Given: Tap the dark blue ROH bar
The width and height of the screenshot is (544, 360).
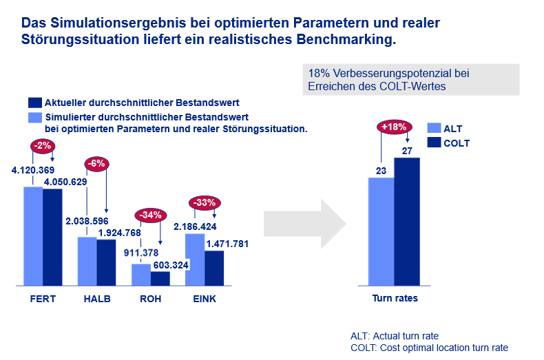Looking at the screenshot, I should pyautogui.click(x=160, y=278).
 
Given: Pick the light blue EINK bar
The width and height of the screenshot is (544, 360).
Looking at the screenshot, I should pyautogui.click(x=195, y=260).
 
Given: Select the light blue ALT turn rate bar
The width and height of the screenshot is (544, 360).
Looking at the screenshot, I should pyautogui.click(x=381, y=231).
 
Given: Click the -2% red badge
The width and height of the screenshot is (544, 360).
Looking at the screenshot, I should pyautogui.click(x=42, y=145).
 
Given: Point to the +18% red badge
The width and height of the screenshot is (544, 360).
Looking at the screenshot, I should pyautogui.click(x=395, y=127).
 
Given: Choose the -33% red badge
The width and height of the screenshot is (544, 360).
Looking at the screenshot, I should pyautogui.click(x=205, y=202).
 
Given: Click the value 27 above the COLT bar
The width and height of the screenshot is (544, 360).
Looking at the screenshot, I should pyautogui.click(x=406, y=151).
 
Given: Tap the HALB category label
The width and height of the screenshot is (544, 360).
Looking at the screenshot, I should pyautogui.click(x=96, y=299).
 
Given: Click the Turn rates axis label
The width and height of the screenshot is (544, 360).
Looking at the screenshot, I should pyautogui.click(x=395, y=299).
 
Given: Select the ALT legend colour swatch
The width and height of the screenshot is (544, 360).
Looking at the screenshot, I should pyautogui.click(x=434, y=129).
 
